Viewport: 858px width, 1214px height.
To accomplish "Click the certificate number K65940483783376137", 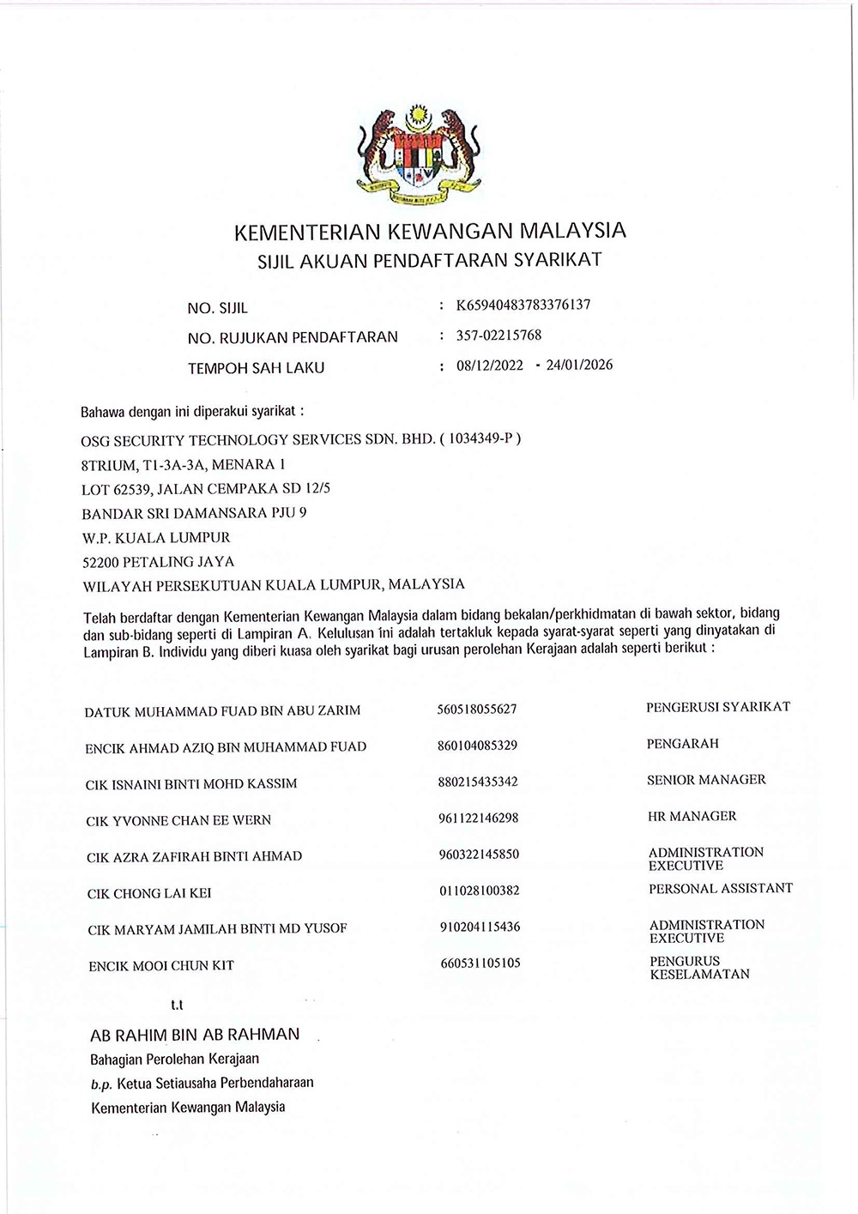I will click(523, 305).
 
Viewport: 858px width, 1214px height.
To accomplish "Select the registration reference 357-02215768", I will click(498, 335).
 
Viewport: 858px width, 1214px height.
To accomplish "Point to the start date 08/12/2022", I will click(489, 365).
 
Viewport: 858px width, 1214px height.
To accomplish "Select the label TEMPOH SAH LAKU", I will click(256, 368).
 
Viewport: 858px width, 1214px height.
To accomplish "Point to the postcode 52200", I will click(100, 562).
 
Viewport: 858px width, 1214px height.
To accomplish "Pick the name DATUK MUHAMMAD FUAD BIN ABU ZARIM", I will click(222, 710).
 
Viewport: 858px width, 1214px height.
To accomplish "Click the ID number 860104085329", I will click(477, 746).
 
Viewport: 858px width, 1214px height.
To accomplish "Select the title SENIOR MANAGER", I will click(706, 780).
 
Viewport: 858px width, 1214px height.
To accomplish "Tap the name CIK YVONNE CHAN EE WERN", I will click(178, 820).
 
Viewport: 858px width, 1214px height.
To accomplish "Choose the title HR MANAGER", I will click(692, 816).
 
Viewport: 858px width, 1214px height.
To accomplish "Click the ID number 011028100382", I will click(479, 891).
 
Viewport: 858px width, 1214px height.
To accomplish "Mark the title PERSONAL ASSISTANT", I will click(721, 888).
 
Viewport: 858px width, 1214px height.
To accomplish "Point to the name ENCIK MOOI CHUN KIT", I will click(161, 965).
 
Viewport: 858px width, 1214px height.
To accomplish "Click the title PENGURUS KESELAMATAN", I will click(699, 968).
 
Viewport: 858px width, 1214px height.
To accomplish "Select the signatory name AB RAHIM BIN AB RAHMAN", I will click(195, 1035).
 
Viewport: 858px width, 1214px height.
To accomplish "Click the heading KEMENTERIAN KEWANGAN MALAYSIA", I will click(430, 231).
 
